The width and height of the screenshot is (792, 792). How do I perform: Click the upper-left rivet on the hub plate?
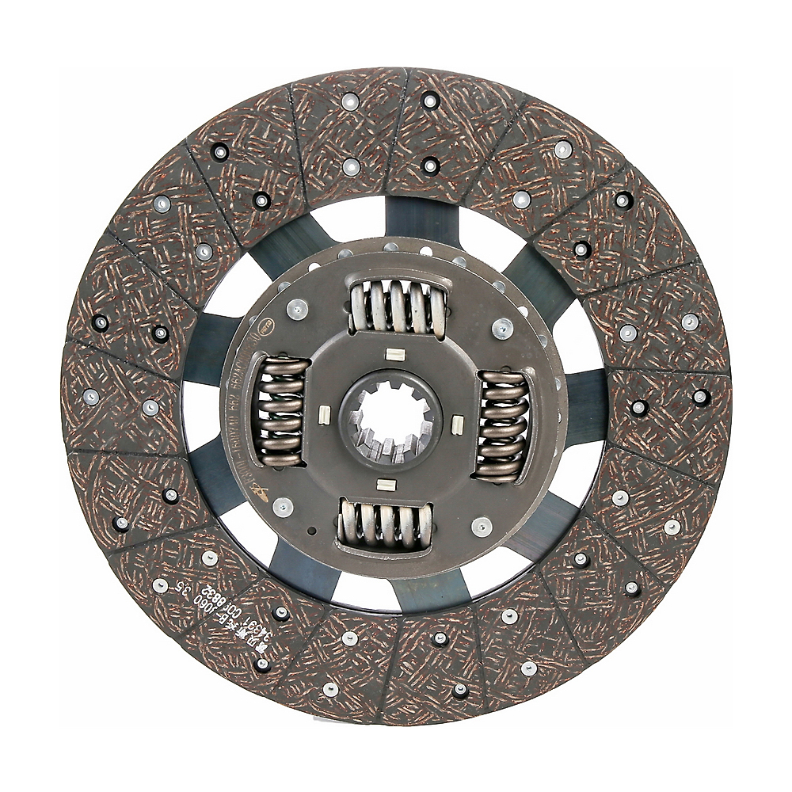297,310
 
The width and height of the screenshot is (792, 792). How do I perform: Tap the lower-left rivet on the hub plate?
280,505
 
